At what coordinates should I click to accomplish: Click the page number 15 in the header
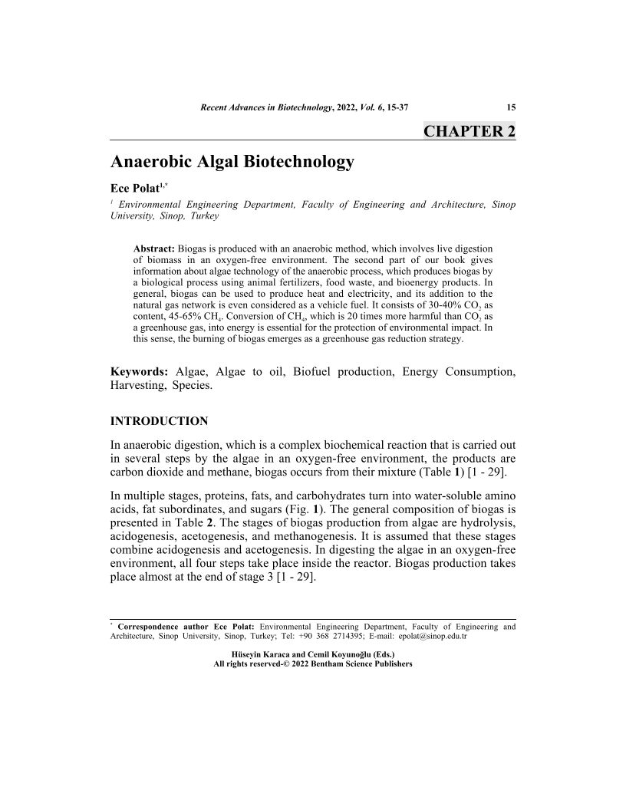click(x=511, y=106)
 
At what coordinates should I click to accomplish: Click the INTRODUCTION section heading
click(x=159, y=421)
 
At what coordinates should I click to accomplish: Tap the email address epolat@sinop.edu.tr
click(x=434, y=637)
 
